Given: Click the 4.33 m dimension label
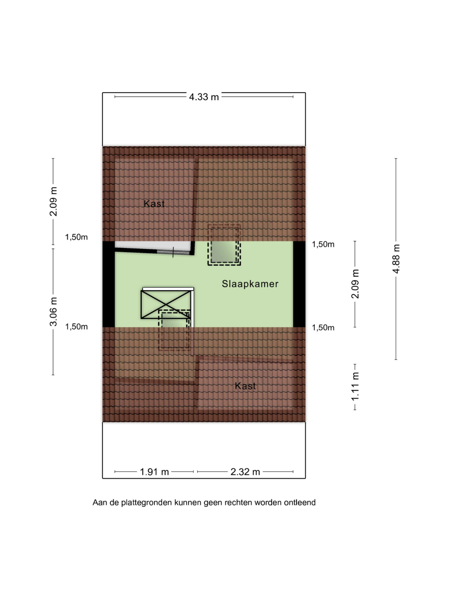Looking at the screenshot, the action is pyautogui.click(x=204, y=97).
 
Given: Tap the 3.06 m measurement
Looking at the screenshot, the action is pyautogui.click(x=53, y=312).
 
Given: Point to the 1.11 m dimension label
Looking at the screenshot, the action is pyautogui.click(x=355, y=387).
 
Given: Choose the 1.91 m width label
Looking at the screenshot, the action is pyautogui.click(x=154, y=472).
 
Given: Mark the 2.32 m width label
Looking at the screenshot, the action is pyautogui.click(x=245, y=472).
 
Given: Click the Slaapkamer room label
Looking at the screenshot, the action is pyautogui.click(x=250, y=284).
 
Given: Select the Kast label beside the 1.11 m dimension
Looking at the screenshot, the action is pyautogui.click(x=246, y=386).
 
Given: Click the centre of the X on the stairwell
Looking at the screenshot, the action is pyautogui.click(x=166, y=304).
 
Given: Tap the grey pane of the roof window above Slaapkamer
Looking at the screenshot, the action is pyautogui.click(x=224, y=251).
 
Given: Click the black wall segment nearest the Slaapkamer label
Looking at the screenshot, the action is pyautogui.click(x=299, y=284).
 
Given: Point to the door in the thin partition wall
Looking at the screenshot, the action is pyautogui.click(x=174, y=252).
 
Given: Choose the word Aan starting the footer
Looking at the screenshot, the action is pyautogui.click(x=100, y=503).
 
